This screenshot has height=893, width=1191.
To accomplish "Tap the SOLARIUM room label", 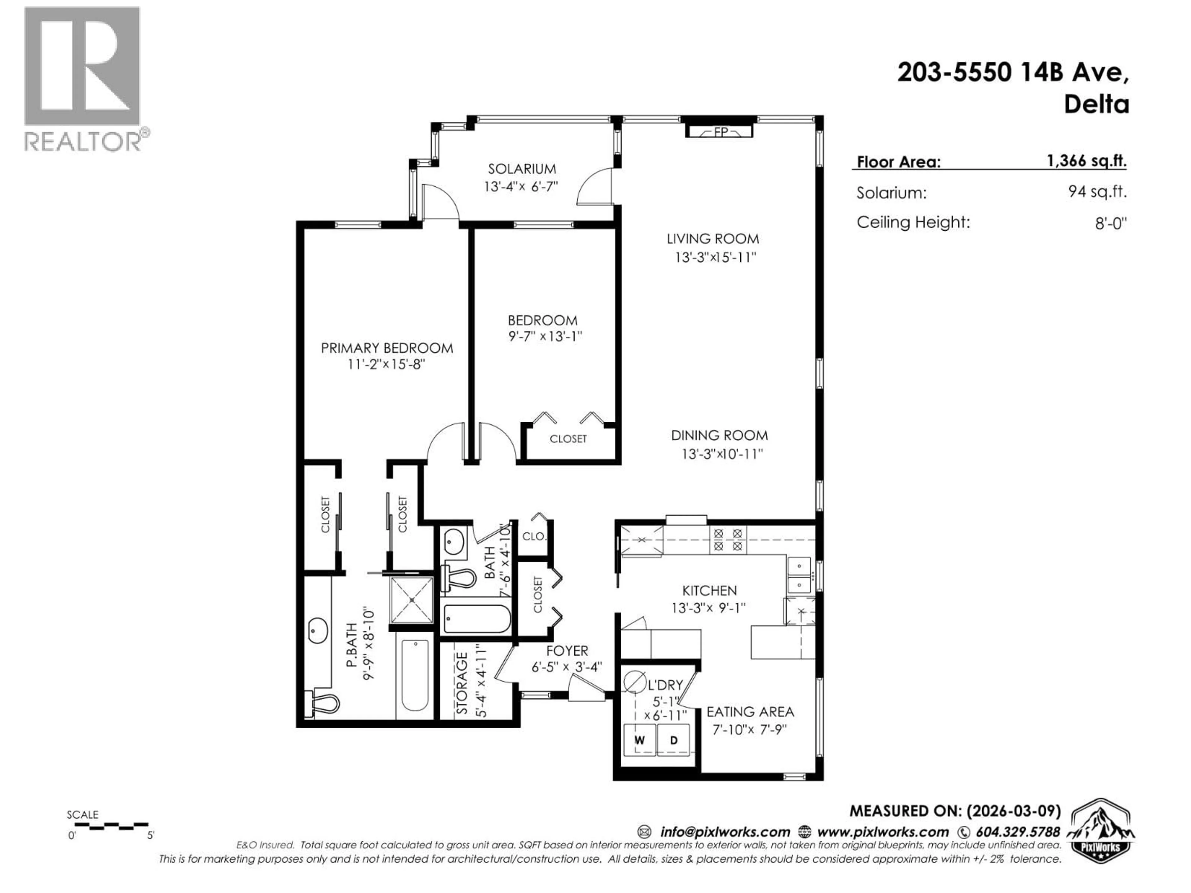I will click(x=522, y=168).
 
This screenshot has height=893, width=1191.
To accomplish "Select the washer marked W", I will click(x=639, y=740).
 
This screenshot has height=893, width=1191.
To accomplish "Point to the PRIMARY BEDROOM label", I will click(x=386, y=348).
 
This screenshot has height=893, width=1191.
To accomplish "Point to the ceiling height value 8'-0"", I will click(x=1110, y=223).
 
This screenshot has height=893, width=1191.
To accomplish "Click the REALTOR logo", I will click(x=83, y=78).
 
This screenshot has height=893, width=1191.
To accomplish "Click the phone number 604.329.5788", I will click(x=1018, y=832).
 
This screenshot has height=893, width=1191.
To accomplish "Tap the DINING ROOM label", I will click(x=719, y=435).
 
